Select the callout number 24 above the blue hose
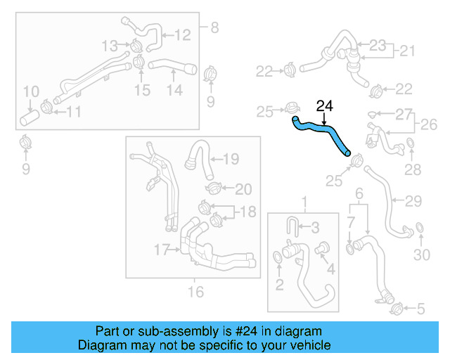tap(325, 106)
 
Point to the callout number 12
tap(182, 34)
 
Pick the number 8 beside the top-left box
tap(214, 28)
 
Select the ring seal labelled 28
tap(411, 146)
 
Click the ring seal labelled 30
tap(420, 229)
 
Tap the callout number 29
tap(413, 201)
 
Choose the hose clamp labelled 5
tap(395, 307)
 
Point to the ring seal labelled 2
tap(279, 261)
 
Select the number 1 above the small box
tap(305, 204)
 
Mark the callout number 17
tap(162, 249)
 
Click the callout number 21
tap(408, 51)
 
